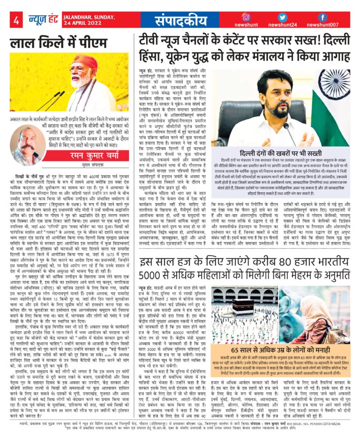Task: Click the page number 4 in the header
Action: [x=16, y=20]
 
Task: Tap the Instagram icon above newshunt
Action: [x=246, y=17]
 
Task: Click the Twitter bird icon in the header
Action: [x=282, y=17]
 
